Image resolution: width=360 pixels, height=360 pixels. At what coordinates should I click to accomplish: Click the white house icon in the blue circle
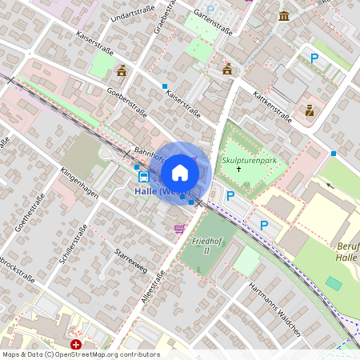[180, 173]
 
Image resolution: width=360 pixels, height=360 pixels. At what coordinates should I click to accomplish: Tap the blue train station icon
[143, 176]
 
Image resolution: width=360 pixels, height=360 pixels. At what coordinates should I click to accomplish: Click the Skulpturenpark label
[249, 161]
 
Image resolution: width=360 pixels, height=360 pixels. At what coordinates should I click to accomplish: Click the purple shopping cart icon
[179, 229]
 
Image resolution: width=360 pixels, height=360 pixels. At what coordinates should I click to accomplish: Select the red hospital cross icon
[76, 345]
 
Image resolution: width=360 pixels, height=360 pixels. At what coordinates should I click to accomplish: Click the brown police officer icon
[310, 110]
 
